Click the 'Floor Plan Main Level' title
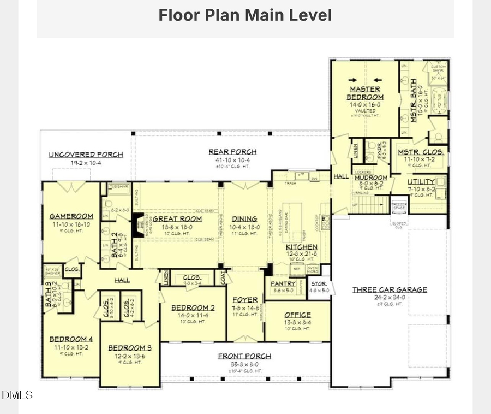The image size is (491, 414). coord(245,15)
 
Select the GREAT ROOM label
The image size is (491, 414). coord(177,219)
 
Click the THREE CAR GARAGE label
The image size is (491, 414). coord(389,290)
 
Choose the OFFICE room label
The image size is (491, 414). coord(297,315)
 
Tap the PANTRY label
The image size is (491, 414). coord(283,284)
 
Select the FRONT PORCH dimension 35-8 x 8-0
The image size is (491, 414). coord(244,364)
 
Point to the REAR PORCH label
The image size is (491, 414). coord(232,152)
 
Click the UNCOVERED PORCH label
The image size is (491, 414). coord(86,155)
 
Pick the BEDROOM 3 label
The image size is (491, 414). coord(129,348)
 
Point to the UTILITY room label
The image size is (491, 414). coord(421,181)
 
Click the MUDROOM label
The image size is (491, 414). coord(371,178)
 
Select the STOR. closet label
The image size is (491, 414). coord(319,284)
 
